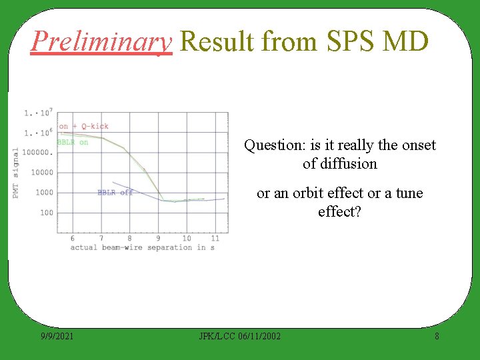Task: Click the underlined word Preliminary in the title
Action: click(x=101, y=41)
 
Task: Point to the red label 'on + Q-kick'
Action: click(x=83, y=126)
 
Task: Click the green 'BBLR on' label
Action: click(x=73, y=142)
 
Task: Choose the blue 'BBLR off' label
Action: click(x=115, y=193)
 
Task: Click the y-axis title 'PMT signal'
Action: click(x=16, y=173)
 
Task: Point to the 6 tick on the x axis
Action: click(x=72, y=238)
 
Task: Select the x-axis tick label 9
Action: click(x=158, y=238)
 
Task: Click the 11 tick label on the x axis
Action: click(x=215, y=238)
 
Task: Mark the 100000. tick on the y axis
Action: click(x=37, y=152)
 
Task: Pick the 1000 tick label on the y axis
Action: click(x=44, y=193)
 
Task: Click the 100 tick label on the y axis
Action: click(x=46, y=213)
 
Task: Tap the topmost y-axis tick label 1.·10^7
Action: click(x=38, y=113)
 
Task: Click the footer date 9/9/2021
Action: click(x=56, y=336)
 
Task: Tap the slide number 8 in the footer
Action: click(x=437, y=336)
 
